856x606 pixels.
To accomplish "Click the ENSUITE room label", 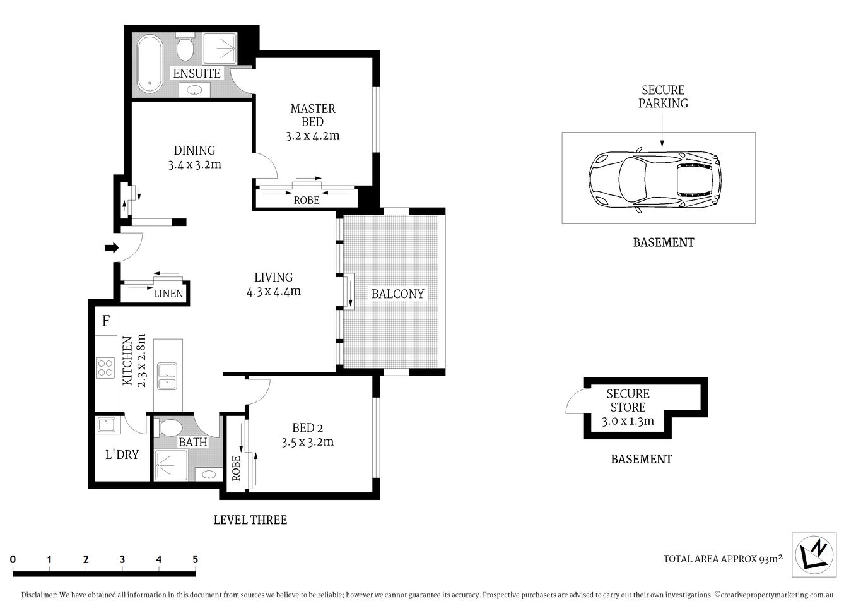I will pos(196,73).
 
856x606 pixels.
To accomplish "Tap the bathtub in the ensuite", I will pos(150,64).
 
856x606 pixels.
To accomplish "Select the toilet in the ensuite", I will pos(185,47).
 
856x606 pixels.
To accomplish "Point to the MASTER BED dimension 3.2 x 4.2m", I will pos(312,135).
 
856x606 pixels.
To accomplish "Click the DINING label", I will pos(194,150).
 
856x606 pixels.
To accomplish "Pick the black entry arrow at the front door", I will pos(112,248).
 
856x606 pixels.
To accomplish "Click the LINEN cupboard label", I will pos(168,294).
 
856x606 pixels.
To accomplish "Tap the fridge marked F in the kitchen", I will pos(106,321).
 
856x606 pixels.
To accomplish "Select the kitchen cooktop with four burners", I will pos(104,367).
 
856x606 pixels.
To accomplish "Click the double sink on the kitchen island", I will pos(167,376).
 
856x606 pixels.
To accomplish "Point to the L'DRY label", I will pos(121,454).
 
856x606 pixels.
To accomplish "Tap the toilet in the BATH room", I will pos(170,428).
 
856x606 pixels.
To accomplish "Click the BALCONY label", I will pos(397,294).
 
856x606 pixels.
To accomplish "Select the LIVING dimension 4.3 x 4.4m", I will pos(273,291).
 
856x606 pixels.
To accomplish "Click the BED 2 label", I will pos(307,427).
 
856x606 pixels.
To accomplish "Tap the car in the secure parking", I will pos(654,181).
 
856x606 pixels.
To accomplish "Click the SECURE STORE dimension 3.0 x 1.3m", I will pos(628,421).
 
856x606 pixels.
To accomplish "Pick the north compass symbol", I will pos(814,554).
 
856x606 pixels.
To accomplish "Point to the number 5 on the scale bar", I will pos(195,559).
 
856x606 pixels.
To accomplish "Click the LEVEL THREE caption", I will pos(250,520).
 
